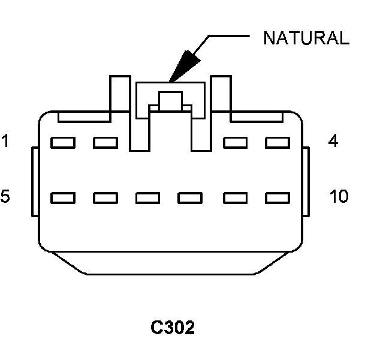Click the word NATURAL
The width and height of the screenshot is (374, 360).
tap(306, 38)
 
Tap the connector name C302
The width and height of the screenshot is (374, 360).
tap(173, 328)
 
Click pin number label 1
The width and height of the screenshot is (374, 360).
tap(5, 142)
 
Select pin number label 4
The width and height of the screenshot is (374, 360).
tap(334, 142)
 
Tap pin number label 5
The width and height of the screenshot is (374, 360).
tap(5, 196)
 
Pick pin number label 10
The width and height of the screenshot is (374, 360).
tap(339, 196)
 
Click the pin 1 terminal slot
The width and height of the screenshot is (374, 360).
tap(62, 143)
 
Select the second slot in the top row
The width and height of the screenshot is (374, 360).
tap(105, 143)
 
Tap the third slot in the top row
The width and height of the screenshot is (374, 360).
tap(235, 143)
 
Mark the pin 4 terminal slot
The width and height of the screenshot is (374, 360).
tap(278, 143)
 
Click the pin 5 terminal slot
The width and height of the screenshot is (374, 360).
tap(62, 197)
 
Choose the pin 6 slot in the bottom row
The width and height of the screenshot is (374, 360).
tap(105, 197)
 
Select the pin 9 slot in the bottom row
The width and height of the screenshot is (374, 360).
tap(235, 197)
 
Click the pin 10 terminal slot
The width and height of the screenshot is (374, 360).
tap(278, 197)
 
